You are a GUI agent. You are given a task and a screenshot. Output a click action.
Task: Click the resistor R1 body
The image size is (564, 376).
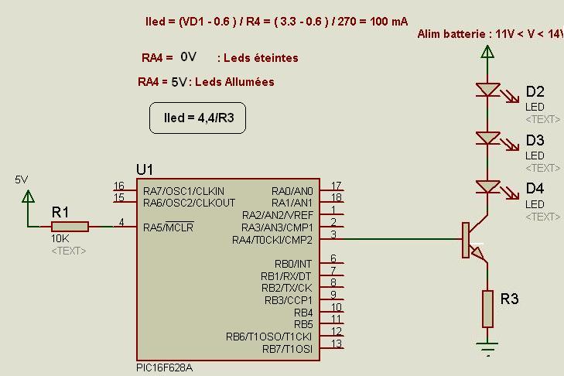(x=70, y=227)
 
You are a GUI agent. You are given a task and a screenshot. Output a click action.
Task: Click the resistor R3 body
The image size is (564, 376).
(x=487, y=309)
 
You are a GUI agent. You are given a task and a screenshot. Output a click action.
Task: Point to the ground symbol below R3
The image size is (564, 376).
(x=487, y=348)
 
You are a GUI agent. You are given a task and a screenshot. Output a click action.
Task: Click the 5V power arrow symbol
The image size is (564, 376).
(x=28, y=197)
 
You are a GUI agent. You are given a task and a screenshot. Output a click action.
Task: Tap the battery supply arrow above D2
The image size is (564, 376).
(x=487, y=52)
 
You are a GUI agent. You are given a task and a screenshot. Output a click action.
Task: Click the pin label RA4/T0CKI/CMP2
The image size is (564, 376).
(x=272, y=240)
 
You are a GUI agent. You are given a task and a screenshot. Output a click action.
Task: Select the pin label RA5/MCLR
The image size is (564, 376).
(x=169, y=227)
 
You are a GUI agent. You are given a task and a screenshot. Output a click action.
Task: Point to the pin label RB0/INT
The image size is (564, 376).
(x=293, y=264)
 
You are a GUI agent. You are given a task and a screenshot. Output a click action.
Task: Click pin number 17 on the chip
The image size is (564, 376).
(x=337, y=186)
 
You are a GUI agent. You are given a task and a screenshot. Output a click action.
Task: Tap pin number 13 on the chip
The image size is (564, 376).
(x=337, y=344)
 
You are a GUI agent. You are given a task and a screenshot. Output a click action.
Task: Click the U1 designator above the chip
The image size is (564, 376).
(x=145, y=169)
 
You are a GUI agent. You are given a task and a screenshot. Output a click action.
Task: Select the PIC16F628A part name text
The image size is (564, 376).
(x=164, y=368)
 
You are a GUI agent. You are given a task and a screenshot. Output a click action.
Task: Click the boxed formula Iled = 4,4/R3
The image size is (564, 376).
(x=198, y=118)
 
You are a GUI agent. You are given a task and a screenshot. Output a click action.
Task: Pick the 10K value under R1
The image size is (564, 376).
(x=60, y=238)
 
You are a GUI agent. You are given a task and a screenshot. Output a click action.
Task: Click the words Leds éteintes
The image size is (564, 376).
(x=261, y=58)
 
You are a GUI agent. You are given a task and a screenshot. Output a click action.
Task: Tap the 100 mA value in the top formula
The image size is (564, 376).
(x=389, y=22)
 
